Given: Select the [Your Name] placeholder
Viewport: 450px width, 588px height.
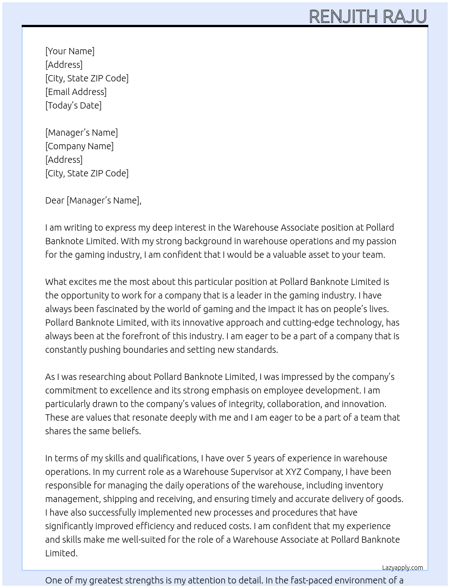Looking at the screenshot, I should point(70,51).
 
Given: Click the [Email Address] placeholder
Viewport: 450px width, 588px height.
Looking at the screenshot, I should point(76,92).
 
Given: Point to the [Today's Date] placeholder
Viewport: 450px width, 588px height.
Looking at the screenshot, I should point(73,105).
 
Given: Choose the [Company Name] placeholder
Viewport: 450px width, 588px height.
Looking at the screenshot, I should point(80,146).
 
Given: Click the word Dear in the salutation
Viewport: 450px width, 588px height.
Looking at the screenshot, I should point(55,200).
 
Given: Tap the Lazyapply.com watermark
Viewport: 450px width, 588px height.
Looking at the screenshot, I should point(403,568).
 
